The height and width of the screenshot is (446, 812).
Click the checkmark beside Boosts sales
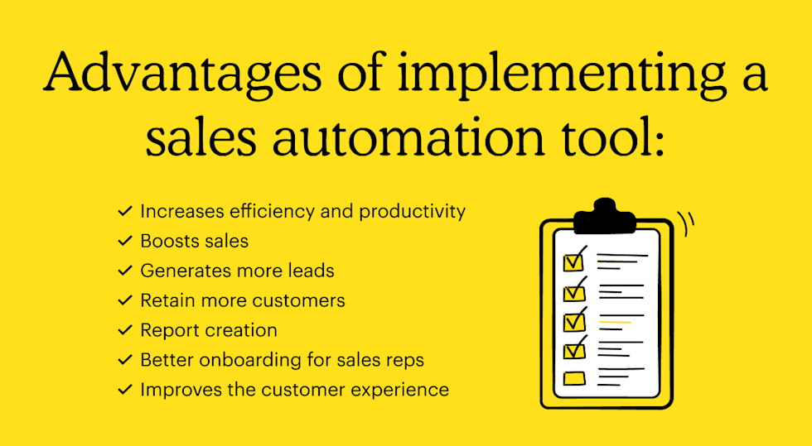point(125,241)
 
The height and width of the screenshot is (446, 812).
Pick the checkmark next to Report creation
point(125,330)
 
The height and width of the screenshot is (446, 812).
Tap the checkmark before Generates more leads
point(125,271)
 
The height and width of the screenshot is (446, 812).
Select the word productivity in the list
point(412,211)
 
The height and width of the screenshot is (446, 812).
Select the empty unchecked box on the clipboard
point(574,379)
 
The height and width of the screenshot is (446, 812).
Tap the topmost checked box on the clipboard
point(573,262)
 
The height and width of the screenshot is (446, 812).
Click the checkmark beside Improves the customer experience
point(125,390)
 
